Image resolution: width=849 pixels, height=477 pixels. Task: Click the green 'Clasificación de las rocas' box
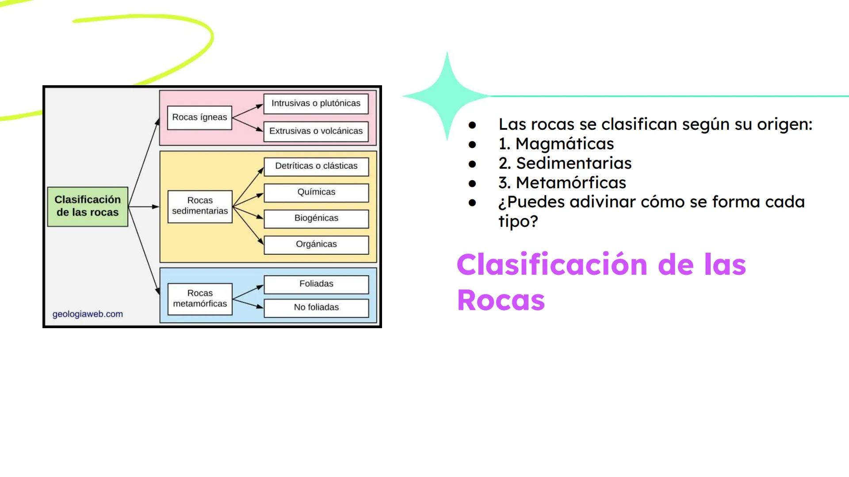[x=88, y=206]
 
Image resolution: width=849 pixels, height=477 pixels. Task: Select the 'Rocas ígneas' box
[x=199, y=117]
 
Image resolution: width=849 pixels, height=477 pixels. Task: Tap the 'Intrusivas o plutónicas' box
[x=316, y=103]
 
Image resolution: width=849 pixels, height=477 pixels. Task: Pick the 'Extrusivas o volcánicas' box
[x=316, y=131]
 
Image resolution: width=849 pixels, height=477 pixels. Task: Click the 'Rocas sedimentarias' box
[x=200, y=206]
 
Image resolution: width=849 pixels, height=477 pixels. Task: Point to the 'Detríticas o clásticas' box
[x=316, y=166]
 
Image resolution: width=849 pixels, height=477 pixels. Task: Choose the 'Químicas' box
[x=316, y=192]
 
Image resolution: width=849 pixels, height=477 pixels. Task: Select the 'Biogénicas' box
[x=316, y=218]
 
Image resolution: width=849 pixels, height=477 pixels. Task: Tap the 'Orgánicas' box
[x=316, y=244]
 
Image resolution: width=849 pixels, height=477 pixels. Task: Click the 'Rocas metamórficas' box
[x=200, y=299]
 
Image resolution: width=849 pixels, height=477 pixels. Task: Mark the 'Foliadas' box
[x=316, y=284]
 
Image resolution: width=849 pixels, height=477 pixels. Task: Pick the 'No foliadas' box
[x=316, y=307]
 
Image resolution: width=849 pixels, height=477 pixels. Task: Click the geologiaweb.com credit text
[x=88, y=314]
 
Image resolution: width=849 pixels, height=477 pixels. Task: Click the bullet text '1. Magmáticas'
[x=556, y=144]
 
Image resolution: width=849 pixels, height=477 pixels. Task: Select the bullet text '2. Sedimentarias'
[x=565, y=163]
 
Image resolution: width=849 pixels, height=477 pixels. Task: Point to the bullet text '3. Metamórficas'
[x=562, y=183]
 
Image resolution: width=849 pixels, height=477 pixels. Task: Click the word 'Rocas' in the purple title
[x=501, y=300]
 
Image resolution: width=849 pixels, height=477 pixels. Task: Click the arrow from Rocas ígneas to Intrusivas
[x=248, y=111]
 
